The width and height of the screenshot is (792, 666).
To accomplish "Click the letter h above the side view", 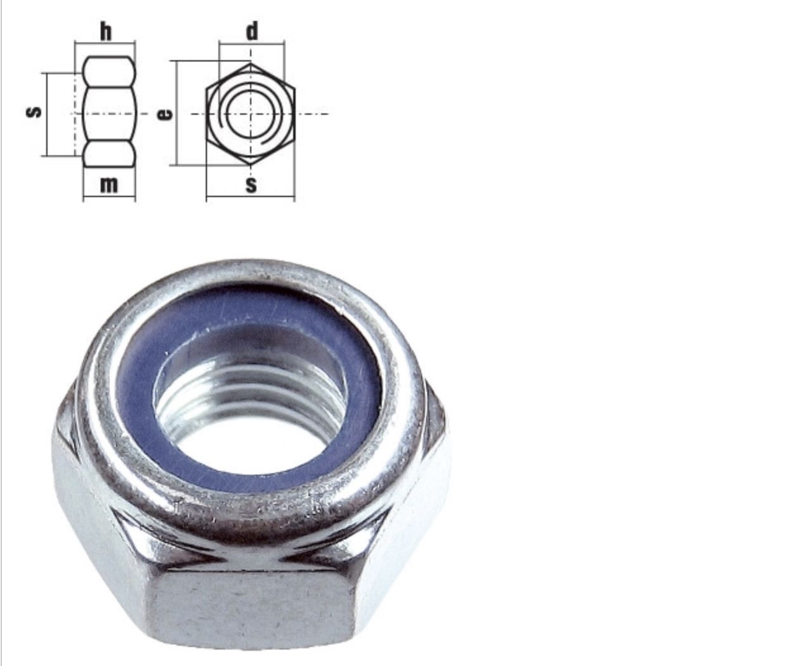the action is pyautogui.click(x=106, y=32).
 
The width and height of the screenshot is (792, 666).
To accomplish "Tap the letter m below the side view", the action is pyautogui.click(x=109, y=185).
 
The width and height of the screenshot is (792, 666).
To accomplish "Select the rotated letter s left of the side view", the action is pyautogui.click(x=34, y=112).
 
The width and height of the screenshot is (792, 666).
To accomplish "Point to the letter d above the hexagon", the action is pyautogui.click(x=252, y=31).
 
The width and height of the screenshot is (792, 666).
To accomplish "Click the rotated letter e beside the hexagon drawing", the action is pyautogui.click(x=165, y=114).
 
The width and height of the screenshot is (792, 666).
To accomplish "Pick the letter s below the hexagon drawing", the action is pyautogui.click(x=251, y=185).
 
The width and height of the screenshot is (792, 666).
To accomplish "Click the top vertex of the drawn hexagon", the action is pyautogui.click(x=250, y=64).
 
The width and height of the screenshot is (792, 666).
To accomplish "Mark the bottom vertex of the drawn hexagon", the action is pyautogui.click(x=250, y=164).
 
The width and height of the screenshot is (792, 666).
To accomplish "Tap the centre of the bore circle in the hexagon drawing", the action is pyautogui.click(x=250, y=114).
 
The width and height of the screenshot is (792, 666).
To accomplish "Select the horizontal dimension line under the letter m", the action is pyautogui.click(x=110, y=196).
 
